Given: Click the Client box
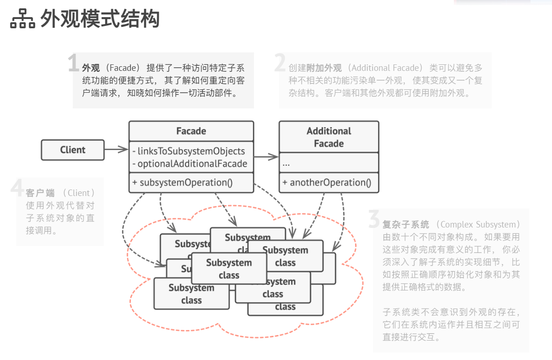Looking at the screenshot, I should pyautogui.click(x=73, y=150).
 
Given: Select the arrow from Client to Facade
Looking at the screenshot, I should pyautogui.click(x=116, y=149).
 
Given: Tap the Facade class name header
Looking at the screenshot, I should pyautogui.click(x=191, y=131).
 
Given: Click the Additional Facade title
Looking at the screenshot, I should pyautogui.click(x=329, y=137).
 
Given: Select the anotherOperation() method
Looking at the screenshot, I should pyautogui.click(x=330, y=183).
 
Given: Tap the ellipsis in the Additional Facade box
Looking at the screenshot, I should pyautogui.click(x=286, y=164).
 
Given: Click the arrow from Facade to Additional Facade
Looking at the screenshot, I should pyautogui.click(x=266, y=158).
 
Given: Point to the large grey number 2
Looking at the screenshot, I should pyautogui.click(x=280, y=63).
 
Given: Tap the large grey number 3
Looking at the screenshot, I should pyautogui.click(x=374, y=220).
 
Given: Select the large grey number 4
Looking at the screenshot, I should pyautogui.click(x=17, y=189).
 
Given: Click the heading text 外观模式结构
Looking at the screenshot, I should pyautogui.click(x=100, y=19).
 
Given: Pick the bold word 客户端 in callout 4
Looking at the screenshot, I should pyautogui.click(x=40, y=193).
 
